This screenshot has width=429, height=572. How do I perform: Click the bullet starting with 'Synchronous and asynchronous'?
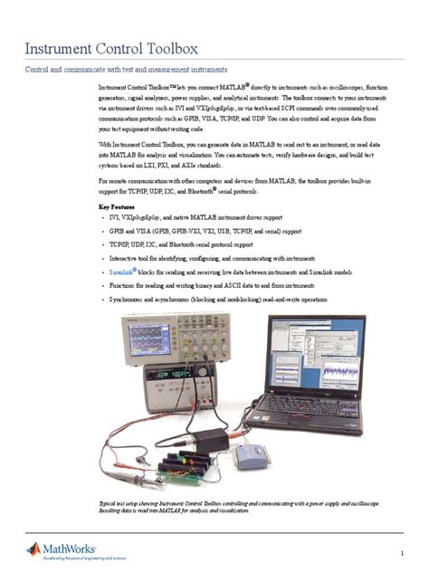[213, 299]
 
